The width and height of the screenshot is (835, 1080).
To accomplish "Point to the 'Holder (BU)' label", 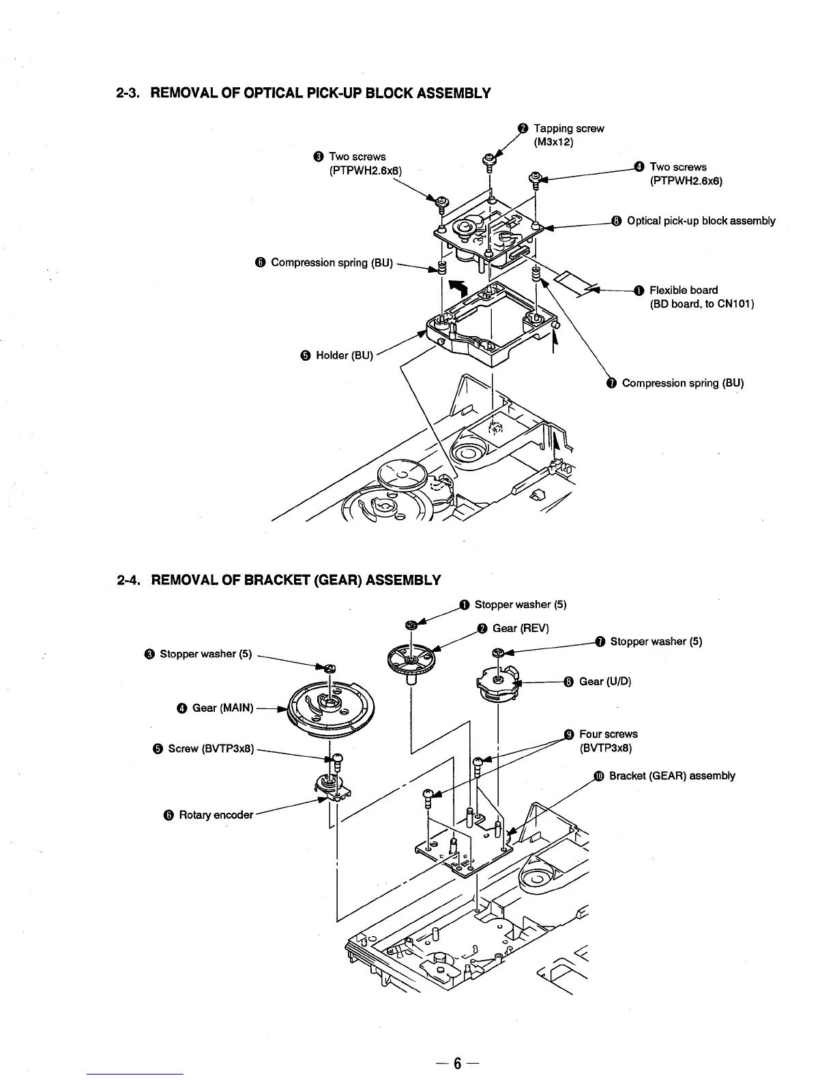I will coord(345,355).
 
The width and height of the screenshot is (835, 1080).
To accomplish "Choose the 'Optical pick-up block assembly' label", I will coord(701,221).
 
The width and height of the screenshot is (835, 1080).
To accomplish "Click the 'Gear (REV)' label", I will coord(520,628).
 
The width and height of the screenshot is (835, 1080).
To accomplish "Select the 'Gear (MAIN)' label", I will coord(222,708).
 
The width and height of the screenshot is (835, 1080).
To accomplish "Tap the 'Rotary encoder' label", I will coord(216,815).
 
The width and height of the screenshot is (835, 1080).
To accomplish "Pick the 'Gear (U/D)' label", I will coord(604,682).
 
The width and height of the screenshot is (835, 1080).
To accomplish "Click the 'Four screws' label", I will coord(608,734).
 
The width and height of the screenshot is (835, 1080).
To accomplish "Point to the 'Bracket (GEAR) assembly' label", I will coord(671,776).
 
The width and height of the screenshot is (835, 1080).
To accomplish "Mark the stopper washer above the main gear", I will coord(329,668).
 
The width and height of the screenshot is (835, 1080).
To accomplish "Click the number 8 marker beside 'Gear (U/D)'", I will coord(569,682).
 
